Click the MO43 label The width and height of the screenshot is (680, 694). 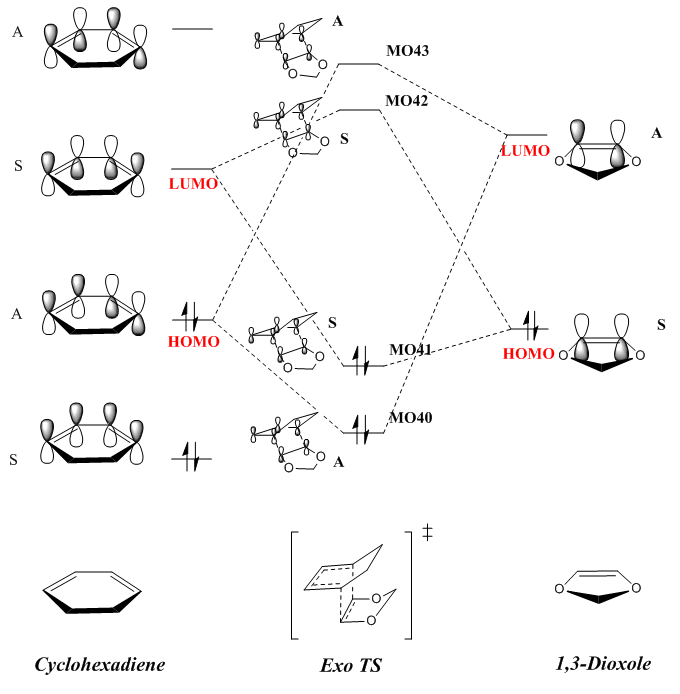(407, 49)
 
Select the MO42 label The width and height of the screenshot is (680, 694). (407, 101)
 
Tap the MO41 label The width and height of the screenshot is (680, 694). (410, 349)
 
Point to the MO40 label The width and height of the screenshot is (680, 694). (410, 417)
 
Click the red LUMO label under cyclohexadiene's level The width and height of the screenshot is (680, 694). (193, 185)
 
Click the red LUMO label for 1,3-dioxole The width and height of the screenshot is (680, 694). (526, 151)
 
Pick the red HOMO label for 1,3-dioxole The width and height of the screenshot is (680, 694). (527, 353)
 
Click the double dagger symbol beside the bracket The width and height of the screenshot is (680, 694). (427, 533)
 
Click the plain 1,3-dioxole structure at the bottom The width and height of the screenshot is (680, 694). (598, 590)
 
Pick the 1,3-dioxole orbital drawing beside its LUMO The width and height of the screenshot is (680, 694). (598, 150)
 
